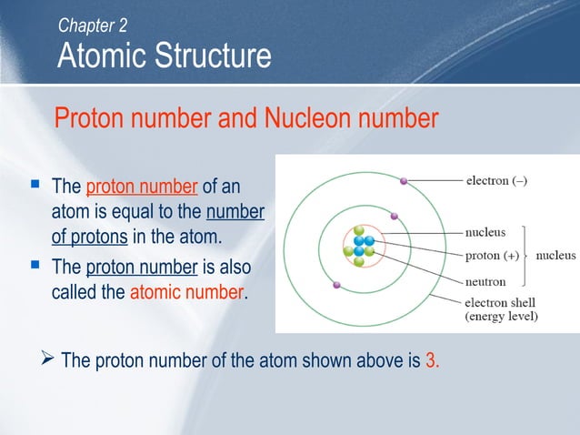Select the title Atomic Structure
(x=164, y=56)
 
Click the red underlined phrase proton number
(x=142, y=187)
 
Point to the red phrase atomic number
(x=187, y=293)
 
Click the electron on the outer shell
(x=405, y=181)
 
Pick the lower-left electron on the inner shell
(x=337, y=285)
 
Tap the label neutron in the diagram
(x=491, y=280)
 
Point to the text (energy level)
(x=502, y=317)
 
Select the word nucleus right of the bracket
(x=556, y=256)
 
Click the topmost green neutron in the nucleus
(x=359, y=231)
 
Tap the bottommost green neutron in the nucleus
(x=359, y=262)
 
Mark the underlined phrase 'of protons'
(x=85, y=237)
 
